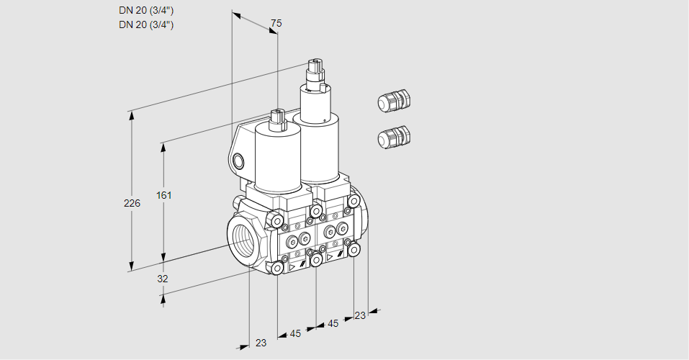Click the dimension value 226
click(x=132, y=204)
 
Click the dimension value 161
click(x=166, y=195)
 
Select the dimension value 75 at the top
click(x=276, y=24)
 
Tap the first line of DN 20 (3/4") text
click(x=146, y=11)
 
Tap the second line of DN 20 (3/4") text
click(x=146, y=25)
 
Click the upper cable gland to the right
click(x=393, y=101)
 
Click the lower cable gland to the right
click(x=393, y=136)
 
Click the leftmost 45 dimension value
click(x=295, y=333)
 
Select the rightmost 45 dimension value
click(x=333, y=324)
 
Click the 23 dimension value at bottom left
click(x=261, y=343)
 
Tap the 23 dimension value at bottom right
click(x=360, y=315)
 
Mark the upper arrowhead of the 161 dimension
click(x=164, y=147)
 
